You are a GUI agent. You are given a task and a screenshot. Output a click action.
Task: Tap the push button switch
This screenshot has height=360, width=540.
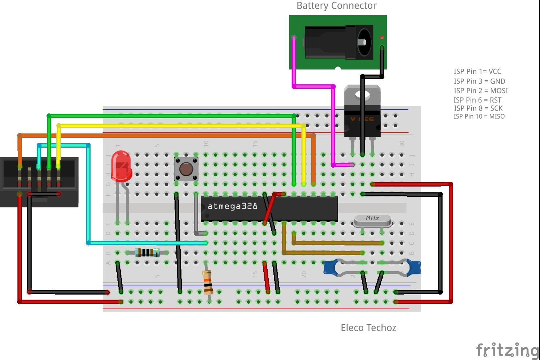click(x=186, y=169)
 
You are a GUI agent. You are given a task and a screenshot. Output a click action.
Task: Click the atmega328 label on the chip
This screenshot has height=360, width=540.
click(x=232, y=206)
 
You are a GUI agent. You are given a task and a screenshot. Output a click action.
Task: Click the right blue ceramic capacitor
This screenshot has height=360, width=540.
click(x=414, y=267)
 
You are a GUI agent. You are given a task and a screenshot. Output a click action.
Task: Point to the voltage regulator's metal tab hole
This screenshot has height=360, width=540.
click(x=362, y=95)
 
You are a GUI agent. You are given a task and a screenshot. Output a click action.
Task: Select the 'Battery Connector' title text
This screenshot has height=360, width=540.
click(x=336, y=6)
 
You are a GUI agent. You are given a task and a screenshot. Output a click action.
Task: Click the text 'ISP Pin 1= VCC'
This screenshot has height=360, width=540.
click(x=477, y=72)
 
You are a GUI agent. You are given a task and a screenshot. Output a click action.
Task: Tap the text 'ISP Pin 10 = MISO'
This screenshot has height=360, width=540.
click(x=479, y=116)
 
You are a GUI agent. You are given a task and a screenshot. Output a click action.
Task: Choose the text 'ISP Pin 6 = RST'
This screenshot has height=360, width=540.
click(x=477, y=100)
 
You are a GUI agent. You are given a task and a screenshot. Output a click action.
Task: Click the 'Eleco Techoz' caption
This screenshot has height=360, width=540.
click(x=368, y=328)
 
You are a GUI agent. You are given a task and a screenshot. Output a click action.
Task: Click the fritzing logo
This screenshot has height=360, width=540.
click(x=507, y=350)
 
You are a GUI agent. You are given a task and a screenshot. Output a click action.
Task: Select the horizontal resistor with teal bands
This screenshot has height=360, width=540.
click(x=147, y=252)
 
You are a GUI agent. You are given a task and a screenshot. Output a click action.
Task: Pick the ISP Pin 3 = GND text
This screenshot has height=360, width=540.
click(x=479, y=81)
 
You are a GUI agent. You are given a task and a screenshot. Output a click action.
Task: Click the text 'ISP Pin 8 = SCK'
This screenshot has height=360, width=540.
click(x=478, y=108)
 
